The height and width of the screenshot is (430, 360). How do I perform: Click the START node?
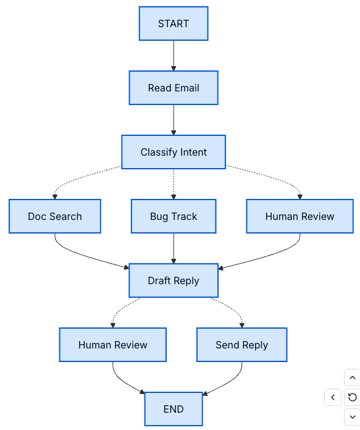pyautogui.click(x=174, y=23)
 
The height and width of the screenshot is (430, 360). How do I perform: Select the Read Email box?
pyautogui.click(x=174, y=88)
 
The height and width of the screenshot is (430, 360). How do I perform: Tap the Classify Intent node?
pyautogui.click(x=174, y=152)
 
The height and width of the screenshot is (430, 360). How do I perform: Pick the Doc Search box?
pyautogui.click(x=55, y=216)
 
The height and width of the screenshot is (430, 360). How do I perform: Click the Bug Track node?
pyautogui.click(x=174, y=216)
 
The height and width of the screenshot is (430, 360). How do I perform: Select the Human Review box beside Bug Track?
pyautogui.click(x=299, y=216)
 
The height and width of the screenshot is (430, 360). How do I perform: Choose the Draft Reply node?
pyautogui.click(x=174, y=280)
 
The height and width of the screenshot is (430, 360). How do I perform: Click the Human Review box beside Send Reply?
pyautogui.click(x=113, y=345)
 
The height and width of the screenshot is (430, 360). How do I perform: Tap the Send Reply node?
pyautogui.click(x=242, y=345)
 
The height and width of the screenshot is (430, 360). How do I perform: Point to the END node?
pyautogui.click(x=174, y=409)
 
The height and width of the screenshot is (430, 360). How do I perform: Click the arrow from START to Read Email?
pyautogui.click(x=174, y=56)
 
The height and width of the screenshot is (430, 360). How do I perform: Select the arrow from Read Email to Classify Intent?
pyautogui.click(x=174, y=120)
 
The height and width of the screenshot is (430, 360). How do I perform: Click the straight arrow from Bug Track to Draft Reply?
pyautogui.click(x=174, y=248)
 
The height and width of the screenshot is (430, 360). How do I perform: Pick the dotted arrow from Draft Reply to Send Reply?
pyautogui.click(x=232, y=310)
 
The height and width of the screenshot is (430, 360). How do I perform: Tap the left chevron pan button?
pyautogui.click(x=333, y=397)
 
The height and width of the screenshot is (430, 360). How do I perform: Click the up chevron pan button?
pyautogui.click(x=351, y=377)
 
